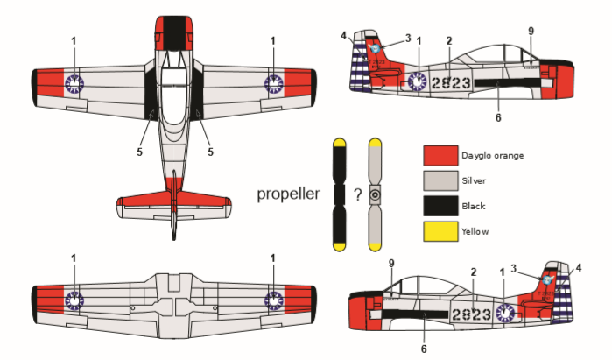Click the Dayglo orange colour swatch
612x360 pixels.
pos(440,156)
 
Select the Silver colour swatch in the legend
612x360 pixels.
pos(440,181)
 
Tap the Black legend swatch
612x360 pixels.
pos(440,206)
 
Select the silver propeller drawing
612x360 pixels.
pos(376,194)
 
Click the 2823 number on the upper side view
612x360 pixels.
pos(452,82)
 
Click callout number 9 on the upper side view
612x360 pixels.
pos(531,31)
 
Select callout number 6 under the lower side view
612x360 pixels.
pos(424,349)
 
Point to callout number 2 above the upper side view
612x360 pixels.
pos(448,40)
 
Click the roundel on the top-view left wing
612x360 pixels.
pos(74,83)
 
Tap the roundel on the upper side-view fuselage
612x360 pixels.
pos(416,81)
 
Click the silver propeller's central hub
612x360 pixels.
pos(376,194)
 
